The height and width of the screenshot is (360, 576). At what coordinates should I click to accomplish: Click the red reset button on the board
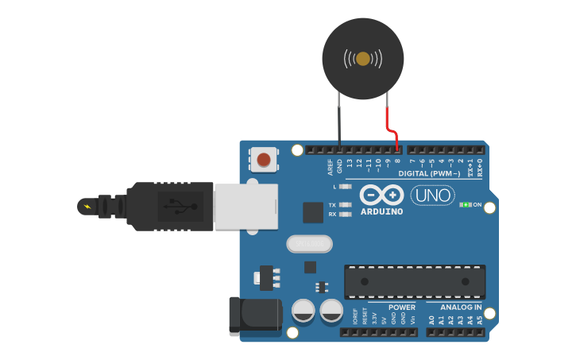[263, 160]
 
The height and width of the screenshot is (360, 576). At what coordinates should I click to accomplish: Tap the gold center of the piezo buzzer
[363, 58]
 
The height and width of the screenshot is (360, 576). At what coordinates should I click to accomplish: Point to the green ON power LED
[465, 205]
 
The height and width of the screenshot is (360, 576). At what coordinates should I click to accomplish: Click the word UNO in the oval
[432, 195]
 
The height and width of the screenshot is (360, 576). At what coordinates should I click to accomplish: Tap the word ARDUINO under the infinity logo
[382, 212]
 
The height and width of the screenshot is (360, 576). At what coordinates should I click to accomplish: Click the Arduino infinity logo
[382, 195]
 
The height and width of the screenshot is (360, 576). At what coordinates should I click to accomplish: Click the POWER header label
[402, 308]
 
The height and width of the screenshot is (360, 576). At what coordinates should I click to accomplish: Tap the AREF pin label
[331, 167]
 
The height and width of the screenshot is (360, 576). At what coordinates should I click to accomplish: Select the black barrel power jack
[254, 315]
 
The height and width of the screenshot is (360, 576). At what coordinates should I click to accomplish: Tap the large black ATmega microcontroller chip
[414, 282]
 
